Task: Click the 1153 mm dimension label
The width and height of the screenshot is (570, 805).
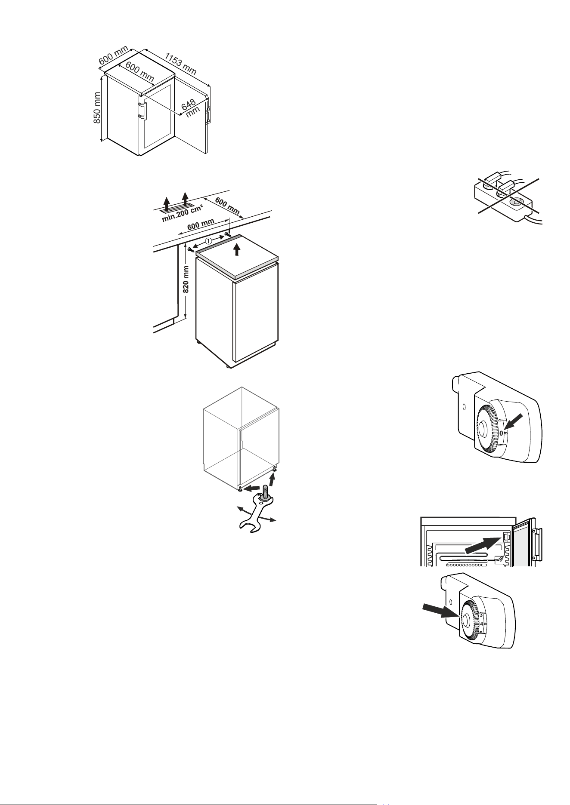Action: (x=181, y=63)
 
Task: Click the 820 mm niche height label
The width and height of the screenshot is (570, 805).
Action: (x=186, y=279)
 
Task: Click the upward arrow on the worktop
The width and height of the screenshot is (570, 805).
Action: (x=236, y=249)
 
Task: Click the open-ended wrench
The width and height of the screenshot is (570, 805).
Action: (x=254, y=513)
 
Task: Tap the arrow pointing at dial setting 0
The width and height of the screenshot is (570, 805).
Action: (x=516, y=421)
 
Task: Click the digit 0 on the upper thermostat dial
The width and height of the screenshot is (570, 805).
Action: (x=502, y=433)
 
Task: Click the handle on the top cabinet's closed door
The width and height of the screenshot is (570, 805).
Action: (x=142, y=110)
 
